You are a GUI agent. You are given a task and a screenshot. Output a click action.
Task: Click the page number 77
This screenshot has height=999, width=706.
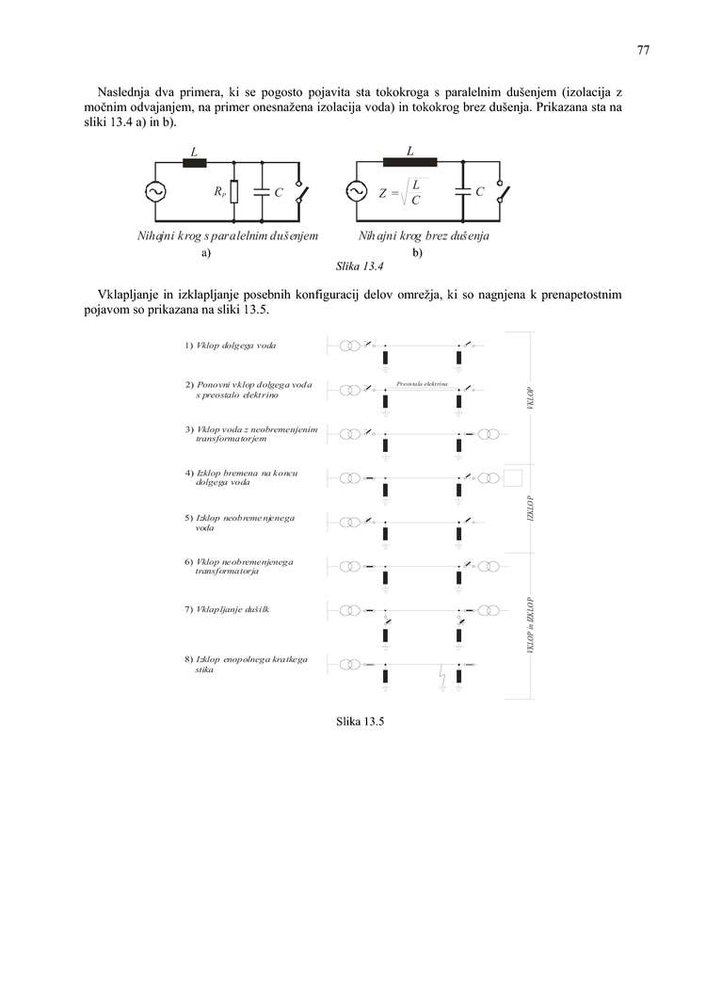(643, 51)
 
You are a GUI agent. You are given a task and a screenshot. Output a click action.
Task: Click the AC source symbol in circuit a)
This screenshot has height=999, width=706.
(154, 192)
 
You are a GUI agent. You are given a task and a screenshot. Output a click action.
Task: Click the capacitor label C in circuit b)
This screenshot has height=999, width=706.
(480, 192)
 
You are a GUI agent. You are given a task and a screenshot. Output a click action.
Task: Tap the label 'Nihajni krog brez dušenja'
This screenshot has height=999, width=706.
(429, 236)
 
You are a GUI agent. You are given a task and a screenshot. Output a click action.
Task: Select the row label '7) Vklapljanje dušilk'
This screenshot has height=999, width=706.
(227, 610)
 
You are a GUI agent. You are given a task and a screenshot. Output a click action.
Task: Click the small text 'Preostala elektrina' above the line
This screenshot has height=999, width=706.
(422, 383)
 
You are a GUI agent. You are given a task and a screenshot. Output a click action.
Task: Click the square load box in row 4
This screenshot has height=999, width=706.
(512, 477)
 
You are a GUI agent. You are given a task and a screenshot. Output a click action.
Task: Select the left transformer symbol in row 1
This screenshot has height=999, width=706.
(349, 346)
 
